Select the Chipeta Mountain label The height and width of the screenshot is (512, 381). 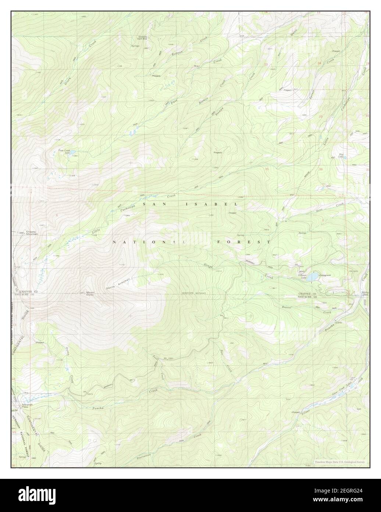point(32,233)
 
